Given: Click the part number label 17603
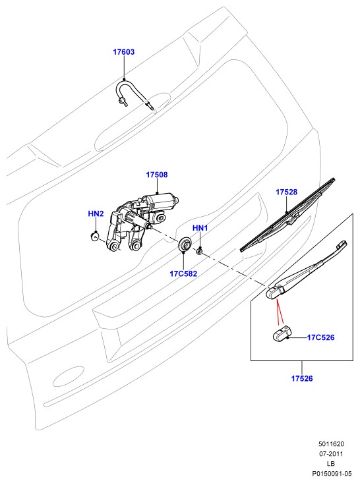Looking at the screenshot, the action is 123,52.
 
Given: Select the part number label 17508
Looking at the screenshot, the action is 156,175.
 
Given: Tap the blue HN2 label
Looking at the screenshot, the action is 96,213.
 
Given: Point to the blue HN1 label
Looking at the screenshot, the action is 200,228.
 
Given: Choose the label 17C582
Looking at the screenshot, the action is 183,273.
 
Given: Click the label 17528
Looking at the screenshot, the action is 286,192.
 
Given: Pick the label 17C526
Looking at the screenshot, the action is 320,337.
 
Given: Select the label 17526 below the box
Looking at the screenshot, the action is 302,378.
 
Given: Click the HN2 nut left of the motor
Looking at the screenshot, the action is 95,237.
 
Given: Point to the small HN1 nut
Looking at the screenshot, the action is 199,251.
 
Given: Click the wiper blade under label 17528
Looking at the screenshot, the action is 287,215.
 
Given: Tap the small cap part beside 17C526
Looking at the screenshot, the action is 281,333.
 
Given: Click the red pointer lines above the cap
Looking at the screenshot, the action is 280,312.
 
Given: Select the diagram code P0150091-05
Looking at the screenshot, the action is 332,473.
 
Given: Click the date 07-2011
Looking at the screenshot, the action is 331,454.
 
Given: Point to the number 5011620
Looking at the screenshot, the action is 331,444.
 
